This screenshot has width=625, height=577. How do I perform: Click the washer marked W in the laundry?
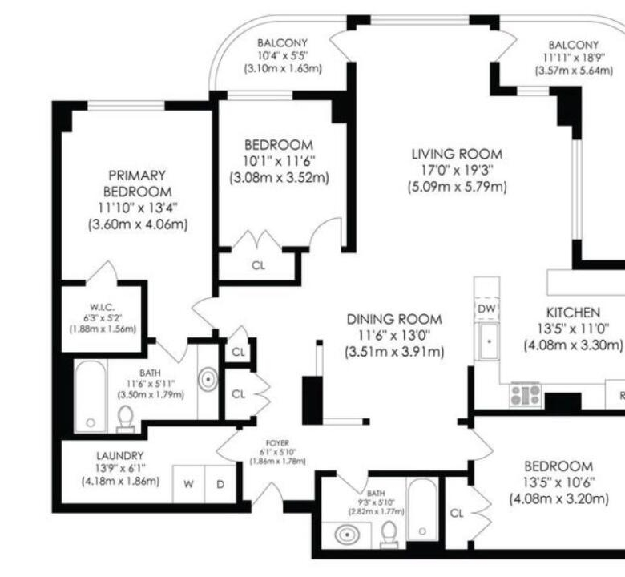(x=188, y=484)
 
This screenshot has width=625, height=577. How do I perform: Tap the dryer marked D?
(x=220, y=484)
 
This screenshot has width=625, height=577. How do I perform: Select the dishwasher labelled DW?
(x=486, y=309)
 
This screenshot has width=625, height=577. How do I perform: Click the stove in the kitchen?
(x=526, y=395)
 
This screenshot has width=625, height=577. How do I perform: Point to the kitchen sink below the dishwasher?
(x=489, y=341)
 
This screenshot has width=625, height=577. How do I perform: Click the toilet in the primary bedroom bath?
(x=126, y=418)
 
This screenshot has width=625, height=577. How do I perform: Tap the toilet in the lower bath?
(x=389, y=535)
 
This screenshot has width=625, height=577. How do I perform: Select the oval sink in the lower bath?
(x=347, y=535)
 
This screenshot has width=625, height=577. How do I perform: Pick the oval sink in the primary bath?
(x=208, y=379)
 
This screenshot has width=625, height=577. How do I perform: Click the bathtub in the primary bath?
(x=91, y=396)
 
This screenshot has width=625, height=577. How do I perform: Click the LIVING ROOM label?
(x=457, y=154)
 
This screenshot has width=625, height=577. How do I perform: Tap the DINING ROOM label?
(x=394, y=319)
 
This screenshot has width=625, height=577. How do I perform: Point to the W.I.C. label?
(x=102, y=307)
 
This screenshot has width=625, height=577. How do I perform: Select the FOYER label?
(x=277, y=443)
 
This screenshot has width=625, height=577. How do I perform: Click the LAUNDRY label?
(x=119, y=455)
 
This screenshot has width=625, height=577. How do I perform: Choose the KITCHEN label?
(x=573, y=313)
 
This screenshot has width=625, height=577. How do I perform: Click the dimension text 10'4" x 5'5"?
(x=283, y=55)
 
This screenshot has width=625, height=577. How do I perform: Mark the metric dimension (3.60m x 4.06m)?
(x=138, y=224)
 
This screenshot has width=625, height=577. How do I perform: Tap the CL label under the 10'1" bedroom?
(x=258, y=265)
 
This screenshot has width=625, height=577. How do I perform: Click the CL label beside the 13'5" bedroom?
(x=457, y=513)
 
